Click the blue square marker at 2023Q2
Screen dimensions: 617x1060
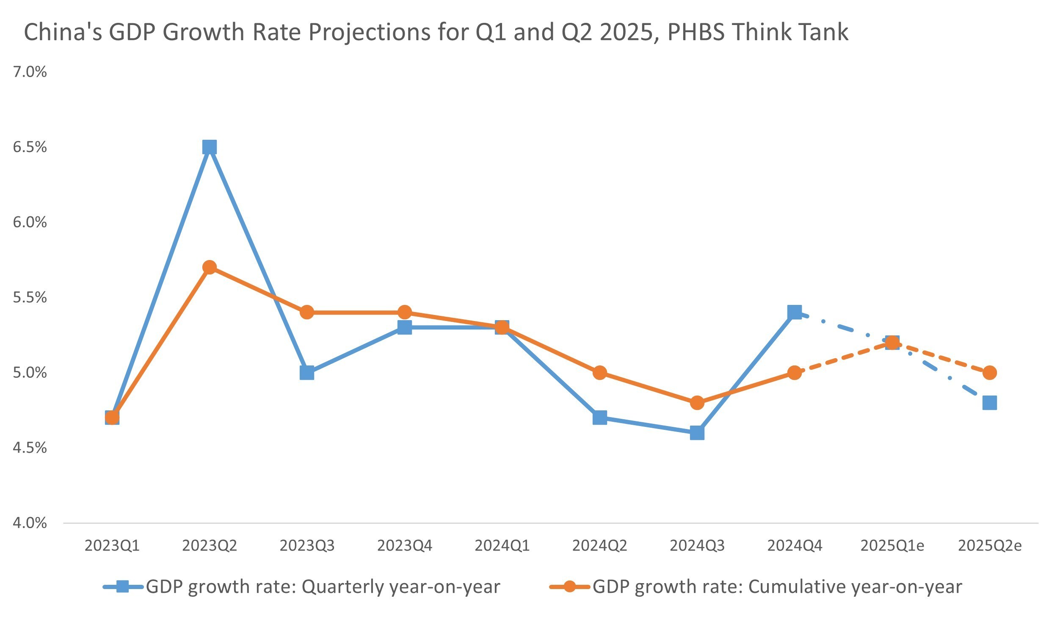click(x=210, y=147)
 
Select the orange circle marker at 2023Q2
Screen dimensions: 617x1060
click(x=210, y=267)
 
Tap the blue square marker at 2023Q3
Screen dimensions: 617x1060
click(x=307, y=373)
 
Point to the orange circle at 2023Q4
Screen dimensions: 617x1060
click(x=405, y=313)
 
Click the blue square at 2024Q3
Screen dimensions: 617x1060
click(x=697, y=433)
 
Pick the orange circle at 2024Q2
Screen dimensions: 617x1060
click(x=600, y=373)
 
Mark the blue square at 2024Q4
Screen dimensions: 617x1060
click(x=795, y=313)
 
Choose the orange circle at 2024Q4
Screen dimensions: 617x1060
click(x=795, y=373)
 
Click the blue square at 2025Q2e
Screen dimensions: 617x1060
click(x=990, y=403)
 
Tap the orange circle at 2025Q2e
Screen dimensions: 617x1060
click(x=990, y=373)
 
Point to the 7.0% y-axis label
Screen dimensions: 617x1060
click(x=30, y=72)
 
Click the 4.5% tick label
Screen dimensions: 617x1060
click(x=30, y=448)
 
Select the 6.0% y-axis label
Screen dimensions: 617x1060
click(x=30, y=222)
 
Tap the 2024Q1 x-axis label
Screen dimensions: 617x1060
click(x=502, y=546)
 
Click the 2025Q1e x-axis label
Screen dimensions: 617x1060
click(x=892, y=546)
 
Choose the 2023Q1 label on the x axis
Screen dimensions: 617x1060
click(x=112, y=546)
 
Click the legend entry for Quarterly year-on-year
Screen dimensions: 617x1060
click(x=323, y=587)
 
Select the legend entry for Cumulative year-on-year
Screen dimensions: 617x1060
click(x=777, y=587)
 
